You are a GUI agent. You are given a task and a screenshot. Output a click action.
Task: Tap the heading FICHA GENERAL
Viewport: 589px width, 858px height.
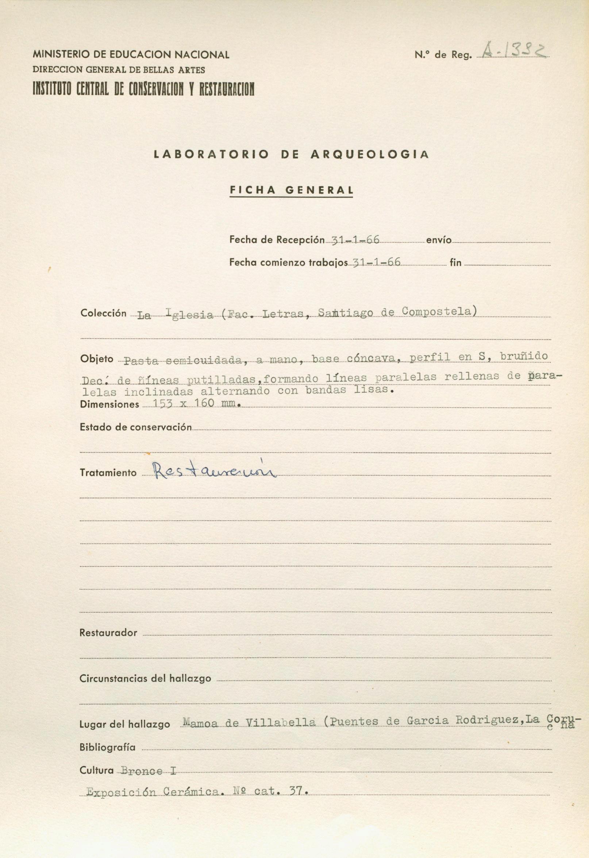pyautogui.click(x=291, y=190)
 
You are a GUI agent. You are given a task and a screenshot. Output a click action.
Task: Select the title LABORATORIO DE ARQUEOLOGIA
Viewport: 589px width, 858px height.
pyautogui.click(x=291, y=155)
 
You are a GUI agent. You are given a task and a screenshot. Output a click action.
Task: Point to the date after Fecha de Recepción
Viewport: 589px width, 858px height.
pyautogui.click(x=356, y=240)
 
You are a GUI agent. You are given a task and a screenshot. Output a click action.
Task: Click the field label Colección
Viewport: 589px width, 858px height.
pyautogui.click(x=103, y=313)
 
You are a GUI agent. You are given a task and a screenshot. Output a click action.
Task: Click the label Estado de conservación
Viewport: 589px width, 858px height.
pyautogui.click(x=136, y=427)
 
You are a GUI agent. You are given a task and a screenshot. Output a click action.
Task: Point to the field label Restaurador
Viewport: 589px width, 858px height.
pyautogui.click(x=108, y=633)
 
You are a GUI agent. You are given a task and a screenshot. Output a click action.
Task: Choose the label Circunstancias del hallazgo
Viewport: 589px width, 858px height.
pyautogui.click(x=145, y=679)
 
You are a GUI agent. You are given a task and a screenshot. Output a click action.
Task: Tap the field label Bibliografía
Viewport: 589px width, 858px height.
pyautogui.click(x=107, y=747)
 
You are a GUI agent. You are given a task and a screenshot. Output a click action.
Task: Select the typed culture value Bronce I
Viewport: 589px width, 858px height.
pyautogui.click(x=149, y=770)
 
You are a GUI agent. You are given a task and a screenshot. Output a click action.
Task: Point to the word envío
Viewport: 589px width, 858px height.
pyautogui.click(x=438, y=240)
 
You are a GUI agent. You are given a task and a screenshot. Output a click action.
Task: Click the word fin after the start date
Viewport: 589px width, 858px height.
pyautogui.click(x=455, y=263)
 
